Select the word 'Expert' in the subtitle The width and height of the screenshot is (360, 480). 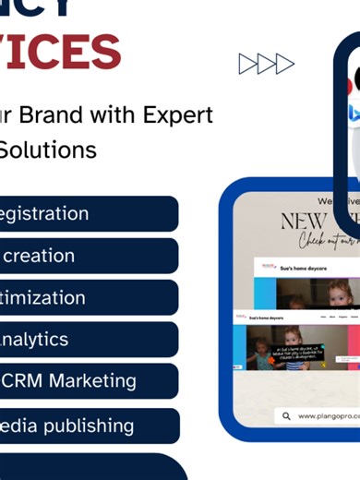[178, 115]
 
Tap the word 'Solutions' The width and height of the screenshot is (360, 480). [48, 149]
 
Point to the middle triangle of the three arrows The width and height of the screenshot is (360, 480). [266, 64]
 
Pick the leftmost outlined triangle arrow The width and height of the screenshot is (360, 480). [247, 64]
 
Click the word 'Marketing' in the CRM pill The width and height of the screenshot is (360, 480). [93, 380]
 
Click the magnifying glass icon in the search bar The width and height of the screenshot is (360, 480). [287, 416]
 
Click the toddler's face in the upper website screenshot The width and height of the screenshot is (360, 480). [338, 294]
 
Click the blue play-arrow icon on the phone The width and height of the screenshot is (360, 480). [354, 114]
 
